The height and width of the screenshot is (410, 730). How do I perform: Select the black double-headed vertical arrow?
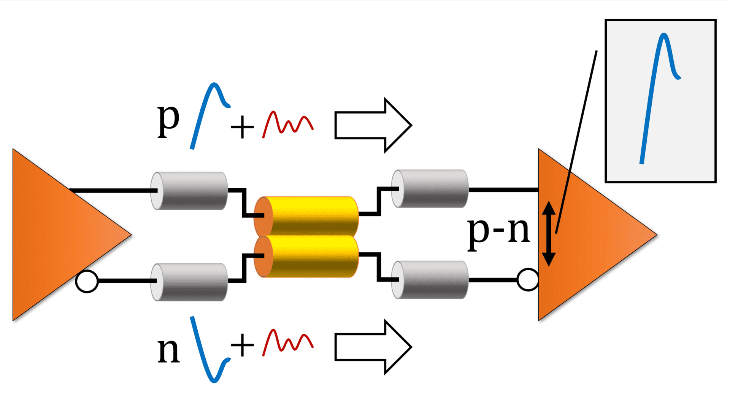549,233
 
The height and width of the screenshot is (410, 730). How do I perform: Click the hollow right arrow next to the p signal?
373,125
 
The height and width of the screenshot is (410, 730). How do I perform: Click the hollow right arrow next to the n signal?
373,347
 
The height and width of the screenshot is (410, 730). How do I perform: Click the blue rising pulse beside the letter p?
207,114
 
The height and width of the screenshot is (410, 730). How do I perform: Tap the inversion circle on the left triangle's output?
87,281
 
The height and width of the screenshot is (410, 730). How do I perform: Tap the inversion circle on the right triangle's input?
528,280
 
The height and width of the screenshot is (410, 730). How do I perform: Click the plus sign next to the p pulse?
242,127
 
